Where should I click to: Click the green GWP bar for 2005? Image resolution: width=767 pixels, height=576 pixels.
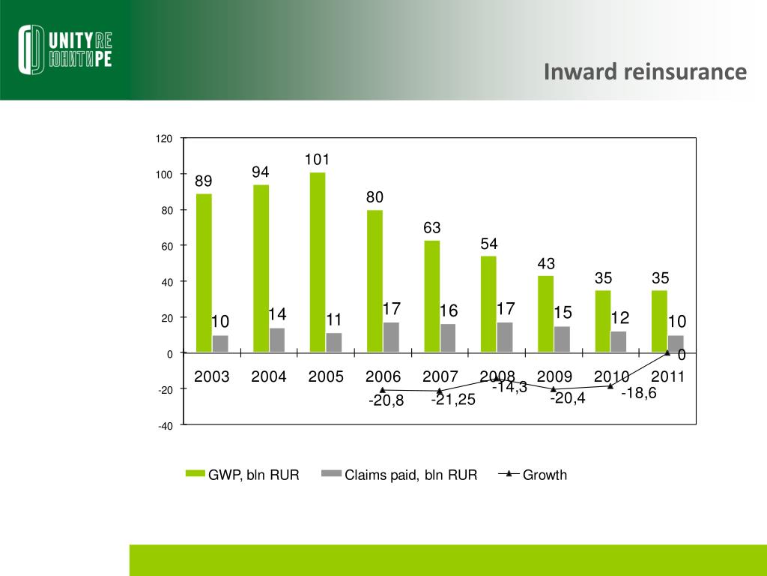[318, 262]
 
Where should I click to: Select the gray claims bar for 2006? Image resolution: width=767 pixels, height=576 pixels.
[391, 337]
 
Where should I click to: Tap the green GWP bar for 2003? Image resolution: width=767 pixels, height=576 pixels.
[204, 273]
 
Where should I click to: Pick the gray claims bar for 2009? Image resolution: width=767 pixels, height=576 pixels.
[562, 339]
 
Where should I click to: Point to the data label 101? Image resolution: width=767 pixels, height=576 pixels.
[317, 160]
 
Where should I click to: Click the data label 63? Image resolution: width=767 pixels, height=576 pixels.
[431, 227]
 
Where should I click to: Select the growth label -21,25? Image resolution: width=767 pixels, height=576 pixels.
[453, 400]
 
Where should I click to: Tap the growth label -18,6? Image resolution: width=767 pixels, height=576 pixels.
[638, 393]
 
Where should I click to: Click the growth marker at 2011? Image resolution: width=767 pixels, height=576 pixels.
[667, 352]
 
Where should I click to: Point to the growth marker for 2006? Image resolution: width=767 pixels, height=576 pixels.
[383, 390]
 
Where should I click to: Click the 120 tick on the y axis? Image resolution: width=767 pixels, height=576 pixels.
[164, 139]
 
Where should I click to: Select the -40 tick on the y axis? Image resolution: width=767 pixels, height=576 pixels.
[164, 426]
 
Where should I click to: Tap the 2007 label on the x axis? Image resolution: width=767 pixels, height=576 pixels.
[440, 376]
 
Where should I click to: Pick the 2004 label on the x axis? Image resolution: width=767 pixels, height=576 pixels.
[269, 376]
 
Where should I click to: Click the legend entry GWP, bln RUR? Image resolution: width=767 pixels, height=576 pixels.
[243, 475]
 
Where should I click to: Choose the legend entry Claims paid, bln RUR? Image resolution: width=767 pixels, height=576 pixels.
[400, 475]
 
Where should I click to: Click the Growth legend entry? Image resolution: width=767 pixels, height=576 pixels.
[534, 475]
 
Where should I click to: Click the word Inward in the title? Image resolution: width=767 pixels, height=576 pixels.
[576, 72]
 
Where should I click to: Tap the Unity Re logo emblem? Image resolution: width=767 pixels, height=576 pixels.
[33, 49]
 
